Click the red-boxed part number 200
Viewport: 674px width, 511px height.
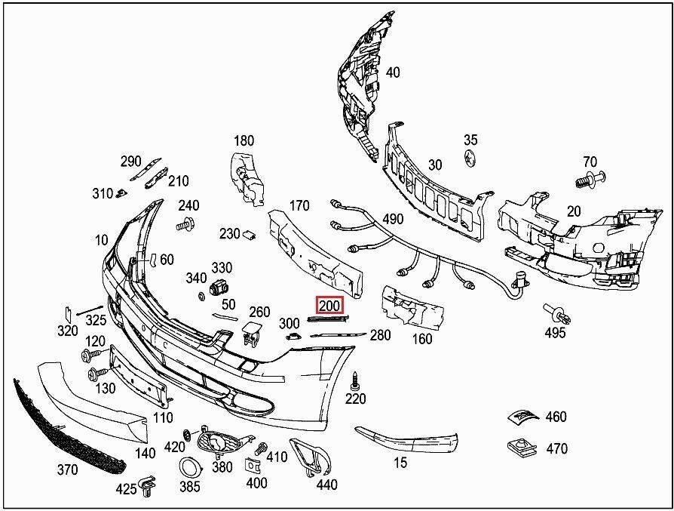[x=330, y=306]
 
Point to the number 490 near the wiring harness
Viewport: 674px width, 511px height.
[x=393, y=219]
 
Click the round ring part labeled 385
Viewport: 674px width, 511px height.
[x=185, y=469]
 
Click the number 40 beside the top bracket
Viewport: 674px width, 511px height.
[x=393, y=72]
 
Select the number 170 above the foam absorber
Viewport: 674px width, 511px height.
[x=299, y=205]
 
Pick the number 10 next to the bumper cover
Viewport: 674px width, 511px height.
[x=102, y=240]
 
